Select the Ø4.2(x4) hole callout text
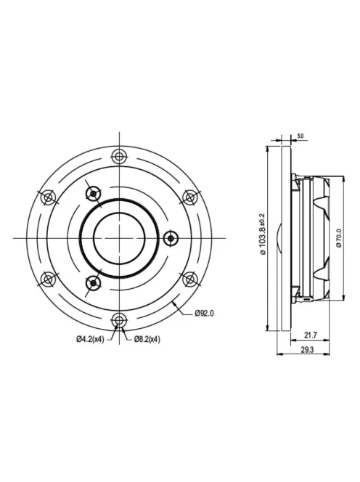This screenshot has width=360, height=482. point(90,339)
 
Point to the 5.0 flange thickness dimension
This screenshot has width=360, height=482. point(300,136)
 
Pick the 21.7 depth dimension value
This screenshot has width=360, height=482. point(308,334)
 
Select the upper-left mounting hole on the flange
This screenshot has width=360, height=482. point(48,196)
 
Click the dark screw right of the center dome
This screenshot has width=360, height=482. point(171,237)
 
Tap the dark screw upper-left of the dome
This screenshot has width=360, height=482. point(93,192)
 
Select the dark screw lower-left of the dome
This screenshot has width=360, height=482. point(93,282)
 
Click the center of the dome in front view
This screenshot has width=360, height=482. point(119,237)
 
